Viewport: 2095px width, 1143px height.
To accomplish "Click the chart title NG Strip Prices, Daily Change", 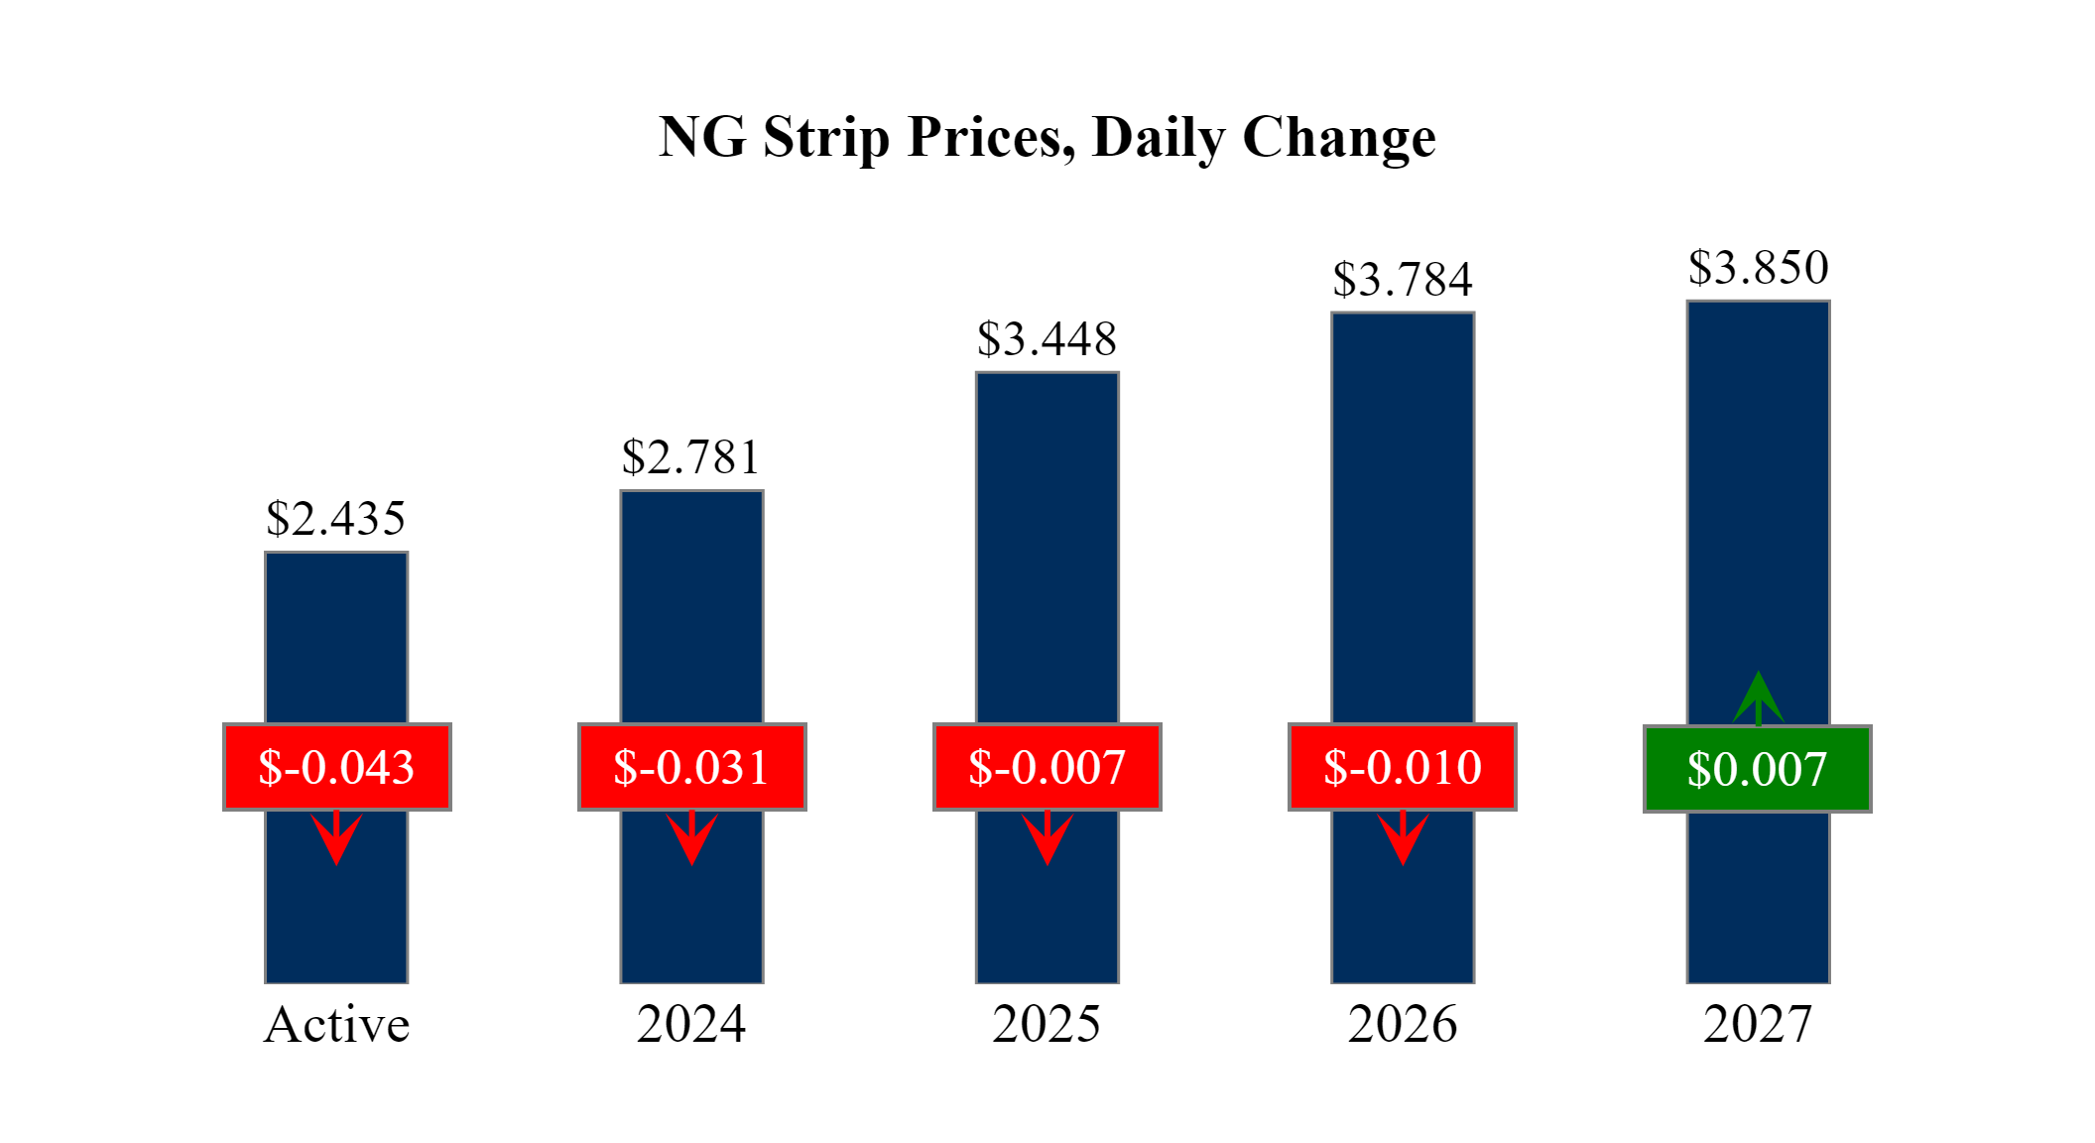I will click(x=1047, y=138).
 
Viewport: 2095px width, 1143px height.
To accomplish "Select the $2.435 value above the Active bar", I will click(x=336, y=519).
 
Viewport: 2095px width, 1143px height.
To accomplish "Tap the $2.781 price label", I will click(x=691, y=458).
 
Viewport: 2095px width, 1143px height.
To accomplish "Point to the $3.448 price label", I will click(x=1047, y=340).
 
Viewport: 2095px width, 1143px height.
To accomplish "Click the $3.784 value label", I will click(x=1403, y=281).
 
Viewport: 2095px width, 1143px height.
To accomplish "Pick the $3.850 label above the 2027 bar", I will click(x=1758, y=269).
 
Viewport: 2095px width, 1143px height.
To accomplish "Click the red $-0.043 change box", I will click(x=336, y=767).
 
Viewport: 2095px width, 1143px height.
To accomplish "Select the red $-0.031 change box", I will click(x=691, y=767).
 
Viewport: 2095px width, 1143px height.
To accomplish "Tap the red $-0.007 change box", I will click(x=1047, y=767).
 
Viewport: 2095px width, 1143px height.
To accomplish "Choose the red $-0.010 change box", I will click(x=1403, y=767).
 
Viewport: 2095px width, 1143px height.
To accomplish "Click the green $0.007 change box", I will click(x=1758, y=769).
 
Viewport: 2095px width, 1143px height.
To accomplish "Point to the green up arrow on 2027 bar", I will click(x=1758, y=698).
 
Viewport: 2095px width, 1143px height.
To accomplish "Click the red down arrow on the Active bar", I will click(x=336, y=838).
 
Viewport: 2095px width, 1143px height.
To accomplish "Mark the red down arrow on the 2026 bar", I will click(x=1403, y=838).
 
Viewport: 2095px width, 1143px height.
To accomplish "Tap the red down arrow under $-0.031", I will click(x=691, y=838).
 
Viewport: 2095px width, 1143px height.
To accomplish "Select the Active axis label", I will click(x=336, y=1025).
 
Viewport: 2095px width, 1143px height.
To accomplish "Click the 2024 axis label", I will click(x=691, y=1025).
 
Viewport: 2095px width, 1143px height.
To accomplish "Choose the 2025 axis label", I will click(x=1047, y=1025).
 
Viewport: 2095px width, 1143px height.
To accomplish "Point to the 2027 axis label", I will click(x=1758, y=1025).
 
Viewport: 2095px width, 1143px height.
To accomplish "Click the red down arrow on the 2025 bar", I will click(x=1047, y=838).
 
